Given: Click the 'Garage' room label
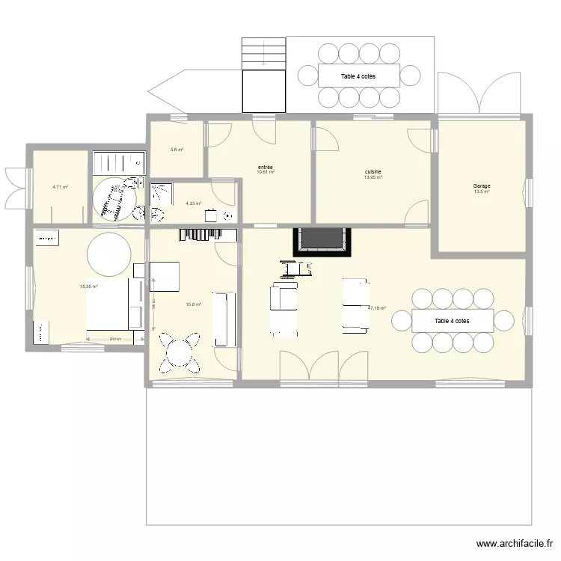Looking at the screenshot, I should click(x=481, y=186).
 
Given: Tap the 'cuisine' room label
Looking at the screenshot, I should click(x=373, y=172).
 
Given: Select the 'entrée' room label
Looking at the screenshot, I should click(x=265, y=167).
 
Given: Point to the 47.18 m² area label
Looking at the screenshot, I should click(x=376, y=307).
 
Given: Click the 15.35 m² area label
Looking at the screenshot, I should click(x=89, y=286).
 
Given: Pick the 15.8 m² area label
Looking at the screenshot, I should click(x=194, y=304).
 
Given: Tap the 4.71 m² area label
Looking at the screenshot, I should click(x=60, y=187).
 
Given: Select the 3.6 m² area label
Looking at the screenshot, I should click(x=177, y=150).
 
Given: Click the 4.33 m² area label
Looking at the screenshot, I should click(x=194, y=203).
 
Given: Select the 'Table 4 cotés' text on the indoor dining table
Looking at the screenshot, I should click(x=452, y=321).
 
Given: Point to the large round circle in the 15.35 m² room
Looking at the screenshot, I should click(x=110, y=254).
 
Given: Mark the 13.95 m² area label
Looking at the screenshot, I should click(x=373, y=177).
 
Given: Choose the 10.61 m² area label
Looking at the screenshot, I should click(x=265, y=172).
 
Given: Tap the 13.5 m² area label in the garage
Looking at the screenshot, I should click(x=481, y=191).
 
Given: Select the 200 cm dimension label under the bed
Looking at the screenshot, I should click(x=114, y=340).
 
